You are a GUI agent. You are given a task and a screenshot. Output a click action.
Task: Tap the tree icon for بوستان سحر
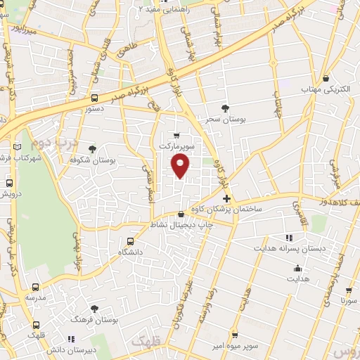click(224, 108)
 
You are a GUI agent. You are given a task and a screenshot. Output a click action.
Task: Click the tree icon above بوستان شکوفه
click(93, 148)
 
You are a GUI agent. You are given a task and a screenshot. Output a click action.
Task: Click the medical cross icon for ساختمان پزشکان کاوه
click(226, 199)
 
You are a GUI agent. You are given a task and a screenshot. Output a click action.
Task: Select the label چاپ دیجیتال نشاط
click(181, 224)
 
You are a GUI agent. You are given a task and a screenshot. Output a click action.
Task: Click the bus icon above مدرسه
click(36, 287)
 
